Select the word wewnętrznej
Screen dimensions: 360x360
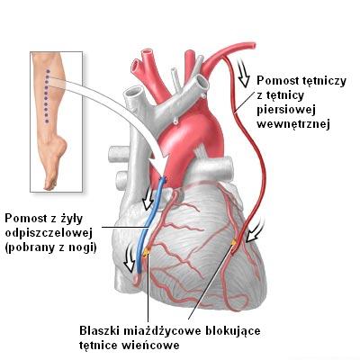coord(293,124)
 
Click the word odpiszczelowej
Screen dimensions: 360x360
coord(49,233)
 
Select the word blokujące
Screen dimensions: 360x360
coord(232,331)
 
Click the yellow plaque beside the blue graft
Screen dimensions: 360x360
coord(147,253)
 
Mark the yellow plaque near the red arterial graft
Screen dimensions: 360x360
coord(234,242)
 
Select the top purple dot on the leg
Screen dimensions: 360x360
coord(47,71)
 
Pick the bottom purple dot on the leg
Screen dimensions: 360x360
coord(47,121)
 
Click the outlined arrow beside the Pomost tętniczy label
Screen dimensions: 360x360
coord(243,73)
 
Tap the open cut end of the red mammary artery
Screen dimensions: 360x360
coord(254,46)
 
